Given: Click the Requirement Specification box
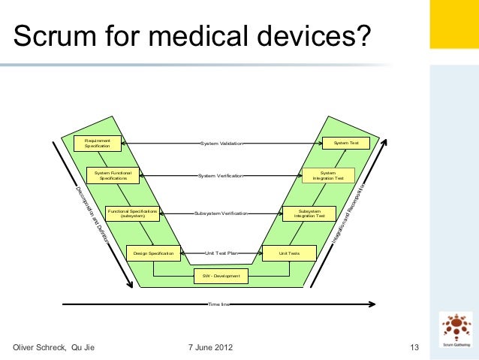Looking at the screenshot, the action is (x=98, y=143).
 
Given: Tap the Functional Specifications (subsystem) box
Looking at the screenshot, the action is (x=133, y=213).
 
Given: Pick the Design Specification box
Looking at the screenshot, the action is (x=153, y=254).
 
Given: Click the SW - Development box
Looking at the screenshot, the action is (x=221, y=276).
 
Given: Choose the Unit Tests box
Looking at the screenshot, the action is (x=289, y=254).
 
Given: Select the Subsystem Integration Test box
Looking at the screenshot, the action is (x=309, y=213).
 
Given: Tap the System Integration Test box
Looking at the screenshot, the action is (x=328, y=176).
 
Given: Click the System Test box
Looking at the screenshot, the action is (x=346, y=143).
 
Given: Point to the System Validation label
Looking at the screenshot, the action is (x=221, y=143).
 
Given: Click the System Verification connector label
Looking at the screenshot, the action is (x=221, y=176).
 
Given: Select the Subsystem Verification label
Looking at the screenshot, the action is (x=221, y=213).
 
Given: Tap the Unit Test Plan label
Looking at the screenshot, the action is (x=221, y=254).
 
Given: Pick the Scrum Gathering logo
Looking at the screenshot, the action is (x=456, y=331).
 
